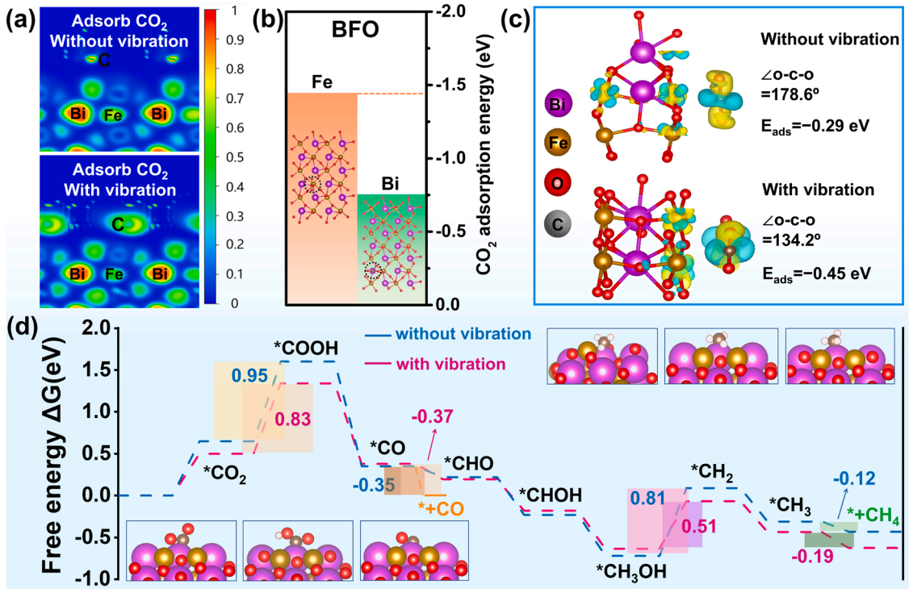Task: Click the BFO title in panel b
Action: click(x=355, y=29)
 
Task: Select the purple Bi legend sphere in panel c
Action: click(x=557, y=105)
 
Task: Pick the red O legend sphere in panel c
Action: click(x=557, y=182)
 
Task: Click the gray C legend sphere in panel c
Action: click(x=557, y=224)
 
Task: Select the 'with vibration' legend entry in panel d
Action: click(x=450, y=365)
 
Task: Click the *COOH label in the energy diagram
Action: click(x=306, y=349)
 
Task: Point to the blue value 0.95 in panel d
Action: click(x=249, y=375)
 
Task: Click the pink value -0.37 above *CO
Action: click(x=432, y=416)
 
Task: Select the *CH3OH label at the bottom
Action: click(x=631, y=571)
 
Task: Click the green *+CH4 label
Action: click(x=873, y=516)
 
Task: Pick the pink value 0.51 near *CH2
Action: click(x=699, y=526)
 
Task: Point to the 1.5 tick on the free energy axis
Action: click(x=97, y=370)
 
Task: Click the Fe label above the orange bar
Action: click(x=322, y=82)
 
